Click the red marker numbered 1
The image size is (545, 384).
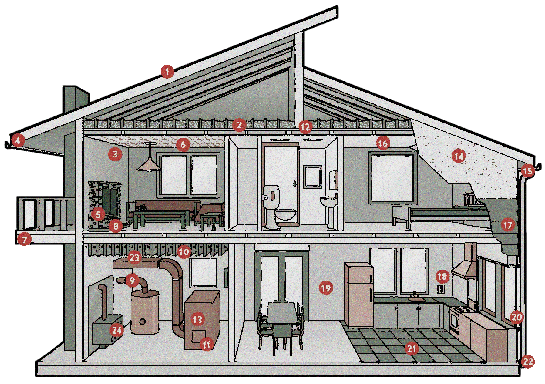point(167,72)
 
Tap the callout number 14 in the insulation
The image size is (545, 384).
point(459,157)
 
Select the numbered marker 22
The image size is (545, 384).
point(528,361)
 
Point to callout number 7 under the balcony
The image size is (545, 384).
point(24,240)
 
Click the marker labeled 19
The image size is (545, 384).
point(326,288)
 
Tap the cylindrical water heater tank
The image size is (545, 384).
point(145,311)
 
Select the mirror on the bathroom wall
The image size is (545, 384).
point(313,176)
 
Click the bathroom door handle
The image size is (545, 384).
point(294,183)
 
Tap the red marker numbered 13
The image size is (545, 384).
point(197,319)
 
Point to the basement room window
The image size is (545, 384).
point(203,272)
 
